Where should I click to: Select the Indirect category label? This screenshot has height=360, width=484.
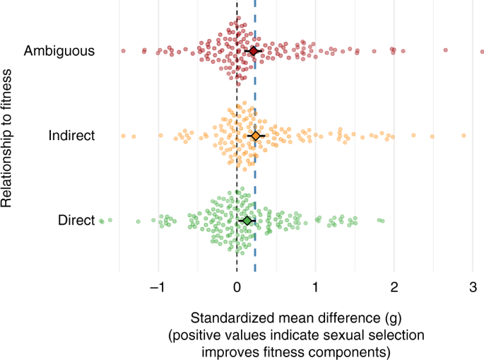(x=71, y=135)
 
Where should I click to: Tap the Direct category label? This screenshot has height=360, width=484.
(x=76, y=221)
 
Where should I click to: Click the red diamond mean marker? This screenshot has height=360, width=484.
(x=253, y=51)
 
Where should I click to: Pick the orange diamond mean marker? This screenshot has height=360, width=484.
(x=255, y=135)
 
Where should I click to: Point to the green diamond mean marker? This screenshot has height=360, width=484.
(x=246, y=221)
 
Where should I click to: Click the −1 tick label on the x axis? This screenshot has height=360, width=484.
(x=158, y=288)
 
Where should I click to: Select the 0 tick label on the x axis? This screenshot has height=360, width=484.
(x=237, y=288)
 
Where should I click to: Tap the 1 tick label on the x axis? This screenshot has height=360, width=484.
(x=315, y=288)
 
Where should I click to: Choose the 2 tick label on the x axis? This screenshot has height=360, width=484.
(x=394, y=288)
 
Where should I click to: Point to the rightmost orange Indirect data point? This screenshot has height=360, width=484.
(x=464, y=135)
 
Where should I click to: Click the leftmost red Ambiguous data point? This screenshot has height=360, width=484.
(x=123, y=51)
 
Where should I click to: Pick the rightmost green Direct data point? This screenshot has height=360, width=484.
(x=382, y=221)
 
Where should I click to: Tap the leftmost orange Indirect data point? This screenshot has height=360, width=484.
(x=123, y=135)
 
